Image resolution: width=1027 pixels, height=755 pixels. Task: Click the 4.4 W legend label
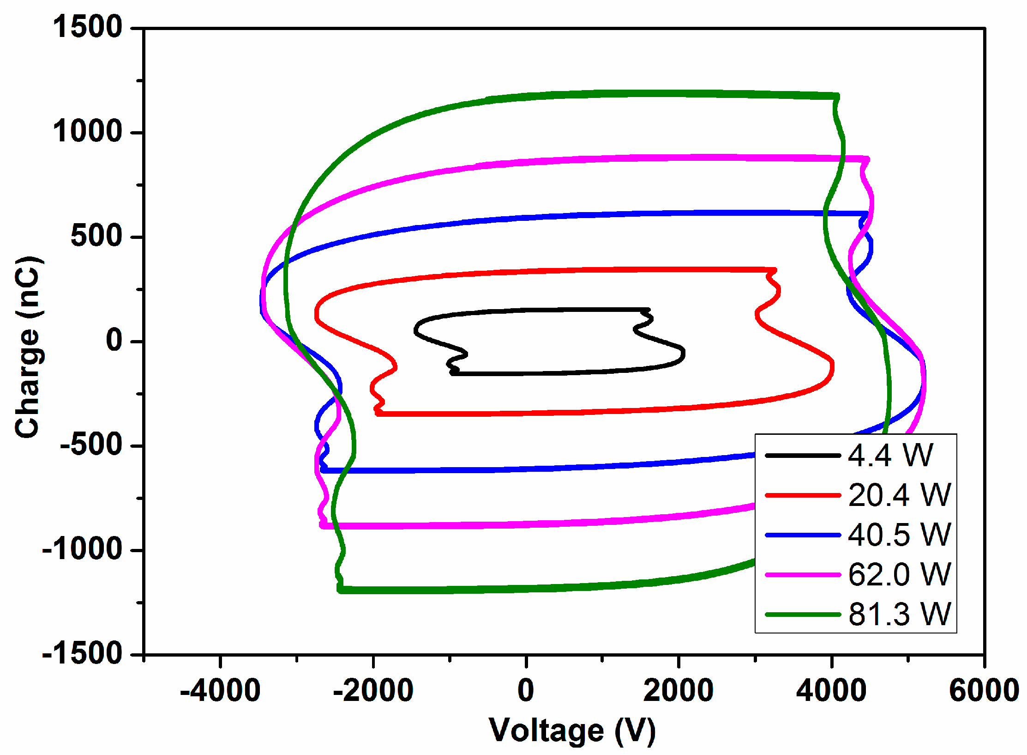coord(890,456)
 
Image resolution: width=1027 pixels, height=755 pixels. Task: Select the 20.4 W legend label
coord(899,495)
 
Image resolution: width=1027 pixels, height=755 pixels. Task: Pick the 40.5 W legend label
coord(899,535)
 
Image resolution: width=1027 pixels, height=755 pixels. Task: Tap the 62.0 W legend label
coord(899,575)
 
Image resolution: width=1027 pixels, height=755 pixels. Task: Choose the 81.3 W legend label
coord(899,615)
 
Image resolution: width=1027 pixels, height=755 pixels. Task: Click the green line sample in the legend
coord(803,615)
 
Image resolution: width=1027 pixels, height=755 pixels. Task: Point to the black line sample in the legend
coord(803,456)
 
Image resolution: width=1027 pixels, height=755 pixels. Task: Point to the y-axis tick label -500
coord(91,445)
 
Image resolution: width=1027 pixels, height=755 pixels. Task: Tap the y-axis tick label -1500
coord(82,654)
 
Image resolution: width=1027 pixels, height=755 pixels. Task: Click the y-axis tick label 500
coord(96,236)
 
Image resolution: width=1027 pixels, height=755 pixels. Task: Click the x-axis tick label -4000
coord(220,691)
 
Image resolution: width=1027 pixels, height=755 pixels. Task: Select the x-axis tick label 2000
coord(679,691)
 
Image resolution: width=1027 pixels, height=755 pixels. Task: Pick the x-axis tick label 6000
coord(984,691)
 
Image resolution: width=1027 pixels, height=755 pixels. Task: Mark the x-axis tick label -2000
coord(373,691)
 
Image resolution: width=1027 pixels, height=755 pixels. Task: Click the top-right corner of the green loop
coord(837,96)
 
